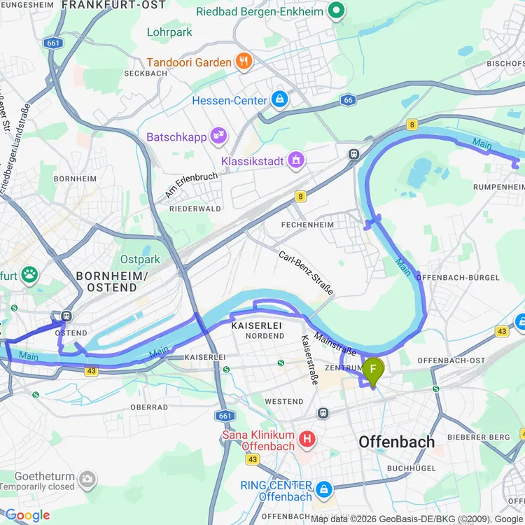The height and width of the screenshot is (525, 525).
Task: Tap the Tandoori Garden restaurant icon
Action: coord(244,62)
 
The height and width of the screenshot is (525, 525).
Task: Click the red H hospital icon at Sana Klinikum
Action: coord(306,440)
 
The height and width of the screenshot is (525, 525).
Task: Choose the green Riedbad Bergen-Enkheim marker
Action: coord(337,10)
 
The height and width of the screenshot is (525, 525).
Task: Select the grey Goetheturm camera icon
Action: coord(87,479)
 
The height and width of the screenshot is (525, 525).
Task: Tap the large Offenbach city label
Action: coord(396,442)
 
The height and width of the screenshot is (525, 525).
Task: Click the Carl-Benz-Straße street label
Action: coord(306,272)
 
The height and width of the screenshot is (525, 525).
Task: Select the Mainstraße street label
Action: coord(335,343)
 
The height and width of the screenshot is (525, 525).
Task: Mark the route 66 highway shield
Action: coord(348,100)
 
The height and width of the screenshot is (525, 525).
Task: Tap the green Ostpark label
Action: coord(140,259)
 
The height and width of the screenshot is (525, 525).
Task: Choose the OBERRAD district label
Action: coord(148,407)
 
